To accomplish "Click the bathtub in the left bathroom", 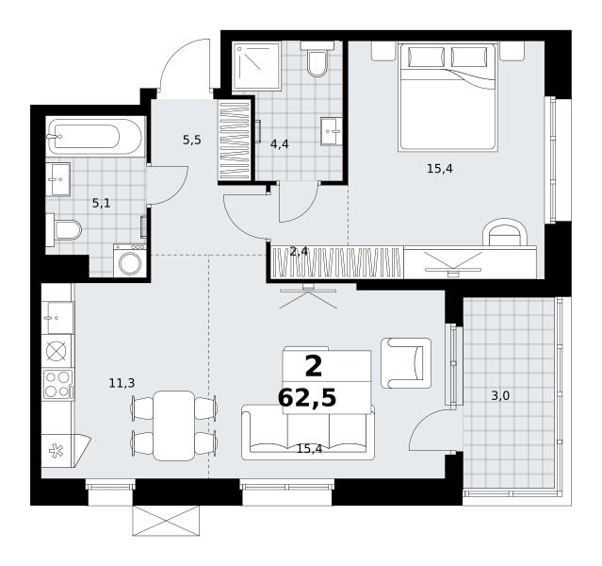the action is [95, 136].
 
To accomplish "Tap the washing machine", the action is [130, 260].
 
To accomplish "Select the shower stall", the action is [256, 65].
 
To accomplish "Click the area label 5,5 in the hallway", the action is [192, 141].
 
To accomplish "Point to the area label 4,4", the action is [280, 144].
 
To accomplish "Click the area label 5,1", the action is [102, 203].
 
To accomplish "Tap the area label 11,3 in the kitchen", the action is [122, 383].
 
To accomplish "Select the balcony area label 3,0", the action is [500, 395].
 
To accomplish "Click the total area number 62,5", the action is [307, 398].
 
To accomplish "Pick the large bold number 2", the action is [314, 367].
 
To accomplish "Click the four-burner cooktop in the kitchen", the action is [57, 384].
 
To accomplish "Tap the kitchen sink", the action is [57, 318].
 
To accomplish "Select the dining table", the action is [174, 425].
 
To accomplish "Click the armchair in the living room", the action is [406, 363].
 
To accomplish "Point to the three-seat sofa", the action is [308, 432].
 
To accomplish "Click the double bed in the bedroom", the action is [448, 96].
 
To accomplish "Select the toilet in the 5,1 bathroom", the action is [64, 230].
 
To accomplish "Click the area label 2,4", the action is [299, 252].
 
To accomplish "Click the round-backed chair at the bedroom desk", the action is [504, 233].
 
